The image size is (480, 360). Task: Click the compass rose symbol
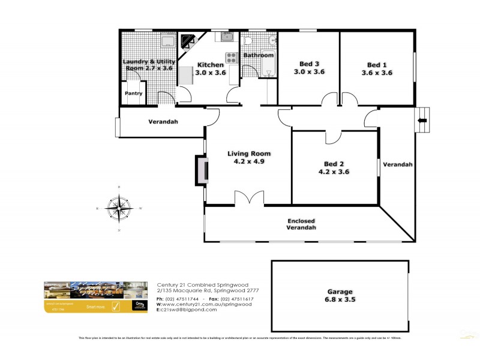tap(119, 209)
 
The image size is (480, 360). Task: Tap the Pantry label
tap(133, 94)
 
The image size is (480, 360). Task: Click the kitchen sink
tap(227, 38)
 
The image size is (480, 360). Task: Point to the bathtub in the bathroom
tap(268, 67)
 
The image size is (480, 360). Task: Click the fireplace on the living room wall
tap(201, 170)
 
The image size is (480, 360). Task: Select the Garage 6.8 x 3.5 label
tap(340, 294)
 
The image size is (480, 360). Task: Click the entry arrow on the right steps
tap(422, 120)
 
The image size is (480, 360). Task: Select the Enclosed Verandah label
tap(300, 225)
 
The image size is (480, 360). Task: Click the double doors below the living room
tap(249, 199)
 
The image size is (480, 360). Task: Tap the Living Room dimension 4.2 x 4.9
tap(245, 161)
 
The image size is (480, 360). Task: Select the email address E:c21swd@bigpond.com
tap(187, 310)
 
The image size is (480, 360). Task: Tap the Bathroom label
tap(259, 56)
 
